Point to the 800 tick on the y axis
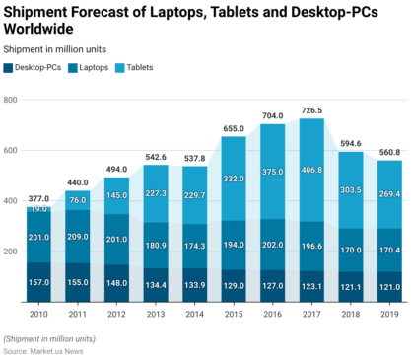12,101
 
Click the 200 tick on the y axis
12,252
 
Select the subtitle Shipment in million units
55,48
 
